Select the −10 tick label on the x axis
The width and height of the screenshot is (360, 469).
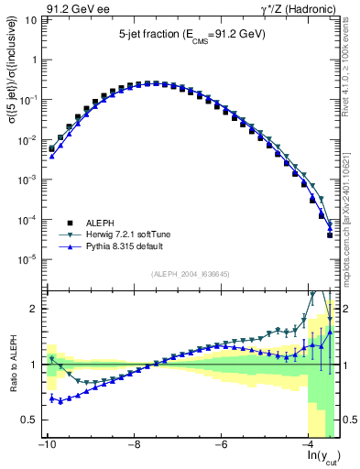[x=46, y=444]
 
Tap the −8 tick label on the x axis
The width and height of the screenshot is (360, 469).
[x=134, y=444]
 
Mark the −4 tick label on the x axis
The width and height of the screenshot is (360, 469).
[x=309, y=444]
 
